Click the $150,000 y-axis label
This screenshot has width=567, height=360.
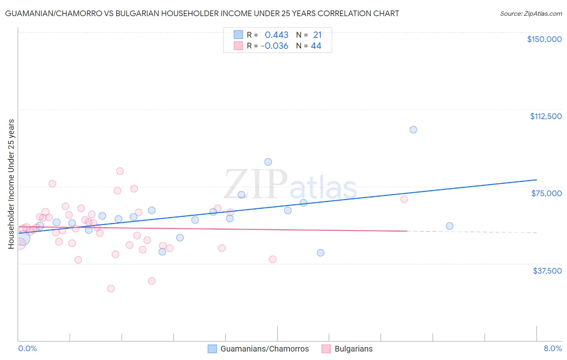click(x=544, y=39)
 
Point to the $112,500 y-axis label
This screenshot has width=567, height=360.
click(x=546, y=116)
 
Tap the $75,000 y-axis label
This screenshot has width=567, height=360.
click(x=546, y=193)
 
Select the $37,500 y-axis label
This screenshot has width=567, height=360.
click(x=547, y=271)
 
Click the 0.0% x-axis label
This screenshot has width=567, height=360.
click(x=27, y=348)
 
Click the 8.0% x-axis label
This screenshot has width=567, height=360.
click(x=552, y=348)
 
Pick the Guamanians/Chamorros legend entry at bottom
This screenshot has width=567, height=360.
click(x=258, y=349)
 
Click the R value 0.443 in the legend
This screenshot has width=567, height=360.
click(x=276, y=35)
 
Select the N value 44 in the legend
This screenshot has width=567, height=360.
click(x=316, y=46)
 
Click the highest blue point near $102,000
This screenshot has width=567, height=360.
click(x=413, y=130)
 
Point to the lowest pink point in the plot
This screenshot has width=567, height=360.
click(x=111, y=289)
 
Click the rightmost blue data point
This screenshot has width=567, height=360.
click(x=450, y=226)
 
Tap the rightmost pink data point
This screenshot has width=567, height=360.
click(x=404, y=199)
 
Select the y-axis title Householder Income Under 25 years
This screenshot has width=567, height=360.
click(x=11, y=184)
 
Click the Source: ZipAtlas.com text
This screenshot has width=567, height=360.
click(x=531, y=14)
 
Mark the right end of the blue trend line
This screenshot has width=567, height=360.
click(x=536, y=180)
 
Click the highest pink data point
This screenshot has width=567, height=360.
click(x=120, y=171)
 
